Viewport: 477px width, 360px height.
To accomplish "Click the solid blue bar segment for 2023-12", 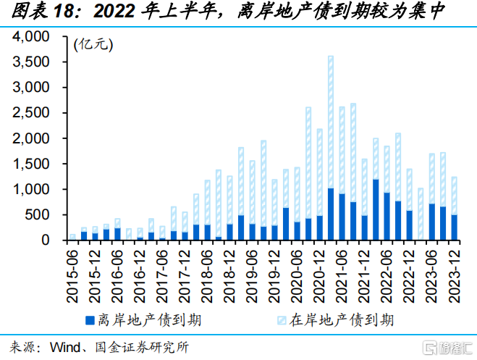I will click(454, 227).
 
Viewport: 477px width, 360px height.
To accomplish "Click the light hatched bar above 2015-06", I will click(73, 237).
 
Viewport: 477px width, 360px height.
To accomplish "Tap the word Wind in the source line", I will click(64, 347).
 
